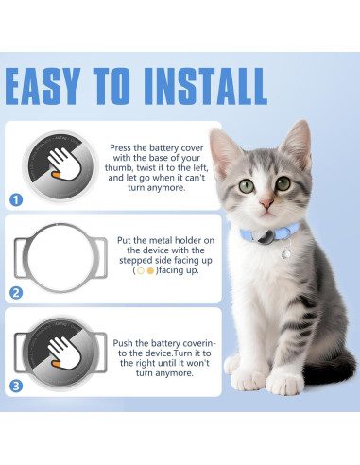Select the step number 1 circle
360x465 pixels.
point(16,200)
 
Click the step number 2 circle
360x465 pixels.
point(16,293)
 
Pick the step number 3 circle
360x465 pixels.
point(16,386)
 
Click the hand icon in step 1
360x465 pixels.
point(64,164)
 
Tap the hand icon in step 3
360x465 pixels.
point(64,353)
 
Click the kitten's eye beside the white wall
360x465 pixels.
point(247,186)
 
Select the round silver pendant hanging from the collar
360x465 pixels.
point(286,253)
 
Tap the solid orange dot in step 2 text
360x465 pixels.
point(150,270)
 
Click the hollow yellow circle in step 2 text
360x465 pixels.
point(141,270)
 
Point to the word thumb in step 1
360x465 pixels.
point(117,167)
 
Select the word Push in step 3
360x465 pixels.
point(123,343)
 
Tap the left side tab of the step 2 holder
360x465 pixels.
point(20,258)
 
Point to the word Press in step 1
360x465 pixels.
point(120,147)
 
